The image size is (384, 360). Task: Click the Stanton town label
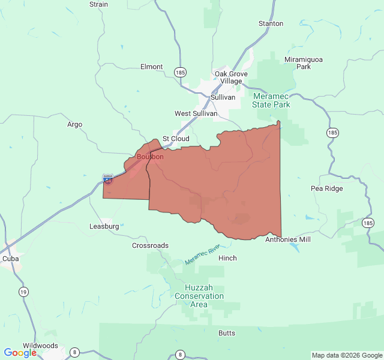click(x=271, y=23)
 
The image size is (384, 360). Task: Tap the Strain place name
click(x=98, y=4)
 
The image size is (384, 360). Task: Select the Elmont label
click(x=151, y=67)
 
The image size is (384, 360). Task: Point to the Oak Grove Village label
click(x=228, y=77)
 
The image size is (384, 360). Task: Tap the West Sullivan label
click(x=196, y=113)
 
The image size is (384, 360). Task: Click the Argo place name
click(x=74, y=125)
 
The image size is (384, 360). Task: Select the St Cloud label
click(x=176, y=139)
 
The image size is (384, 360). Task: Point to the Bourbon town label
click(x=150, y=157)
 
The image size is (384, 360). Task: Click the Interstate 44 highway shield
click(x=107, y=179)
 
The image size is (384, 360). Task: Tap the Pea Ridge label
click(x=327, y=188)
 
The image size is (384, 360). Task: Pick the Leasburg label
click(x=104, y=227)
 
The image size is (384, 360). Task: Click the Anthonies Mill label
click(x=288, y=239)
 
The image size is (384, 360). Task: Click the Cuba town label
click(x=10, y=259)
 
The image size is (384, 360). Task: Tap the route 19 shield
click(x=23, y=292)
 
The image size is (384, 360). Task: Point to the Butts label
click(x=227, y=333)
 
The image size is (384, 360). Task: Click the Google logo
click(x=20, y=353)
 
